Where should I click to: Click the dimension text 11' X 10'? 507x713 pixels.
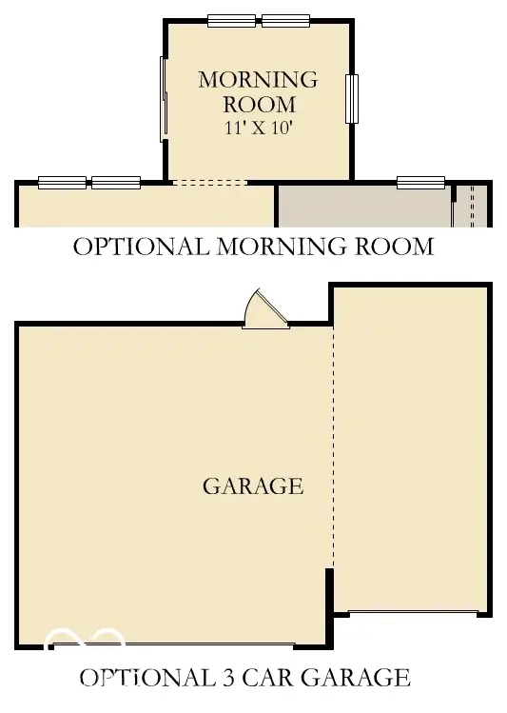pyautogui.click(x=258, y=128)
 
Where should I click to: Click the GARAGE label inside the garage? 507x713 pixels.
pyautogui.click(x=253, y=486)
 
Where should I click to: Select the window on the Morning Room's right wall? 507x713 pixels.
pyautogui.click(x=352, y=98)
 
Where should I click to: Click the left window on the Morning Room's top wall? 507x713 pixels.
pyautogui.click(x=231, y=20)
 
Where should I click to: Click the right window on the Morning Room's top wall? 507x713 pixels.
pyautogui.click(x=286, y=20)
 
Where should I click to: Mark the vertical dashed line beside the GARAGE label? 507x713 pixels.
pyautogui.click(x=333, y=447)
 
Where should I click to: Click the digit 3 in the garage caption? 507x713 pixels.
pyautogui.click(x=225, y=678)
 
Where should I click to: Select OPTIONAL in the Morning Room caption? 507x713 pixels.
pyautogui.click(x=142, y=247)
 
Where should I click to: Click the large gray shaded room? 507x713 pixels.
pyautogui.click(x=361, y=206)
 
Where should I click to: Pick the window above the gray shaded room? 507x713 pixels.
pyautogui.click(x=420, y=182)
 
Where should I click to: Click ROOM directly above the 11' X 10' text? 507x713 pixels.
pyautogui.click(x=259, y=105)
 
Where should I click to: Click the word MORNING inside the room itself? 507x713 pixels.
pyautogui.click(x=258, y=80)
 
